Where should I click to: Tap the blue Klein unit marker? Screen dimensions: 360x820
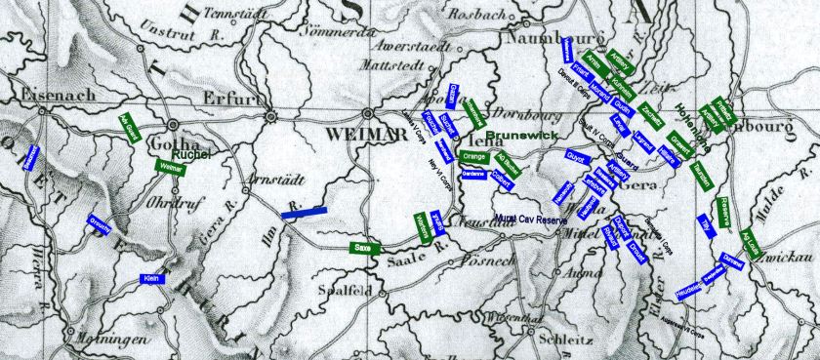click(151, 278)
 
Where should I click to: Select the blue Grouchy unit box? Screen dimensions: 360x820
click(99, 225)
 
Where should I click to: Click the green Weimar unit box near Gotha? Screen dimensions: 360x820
click(172, 168)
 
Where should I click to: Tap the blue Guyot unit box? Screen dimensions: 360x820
click(575, 156)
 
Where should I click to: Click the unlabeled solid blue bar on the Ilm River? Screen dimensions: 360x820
click(300, 210)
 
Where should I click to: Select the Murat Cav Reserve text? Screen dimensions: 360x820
click(530, 221)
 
